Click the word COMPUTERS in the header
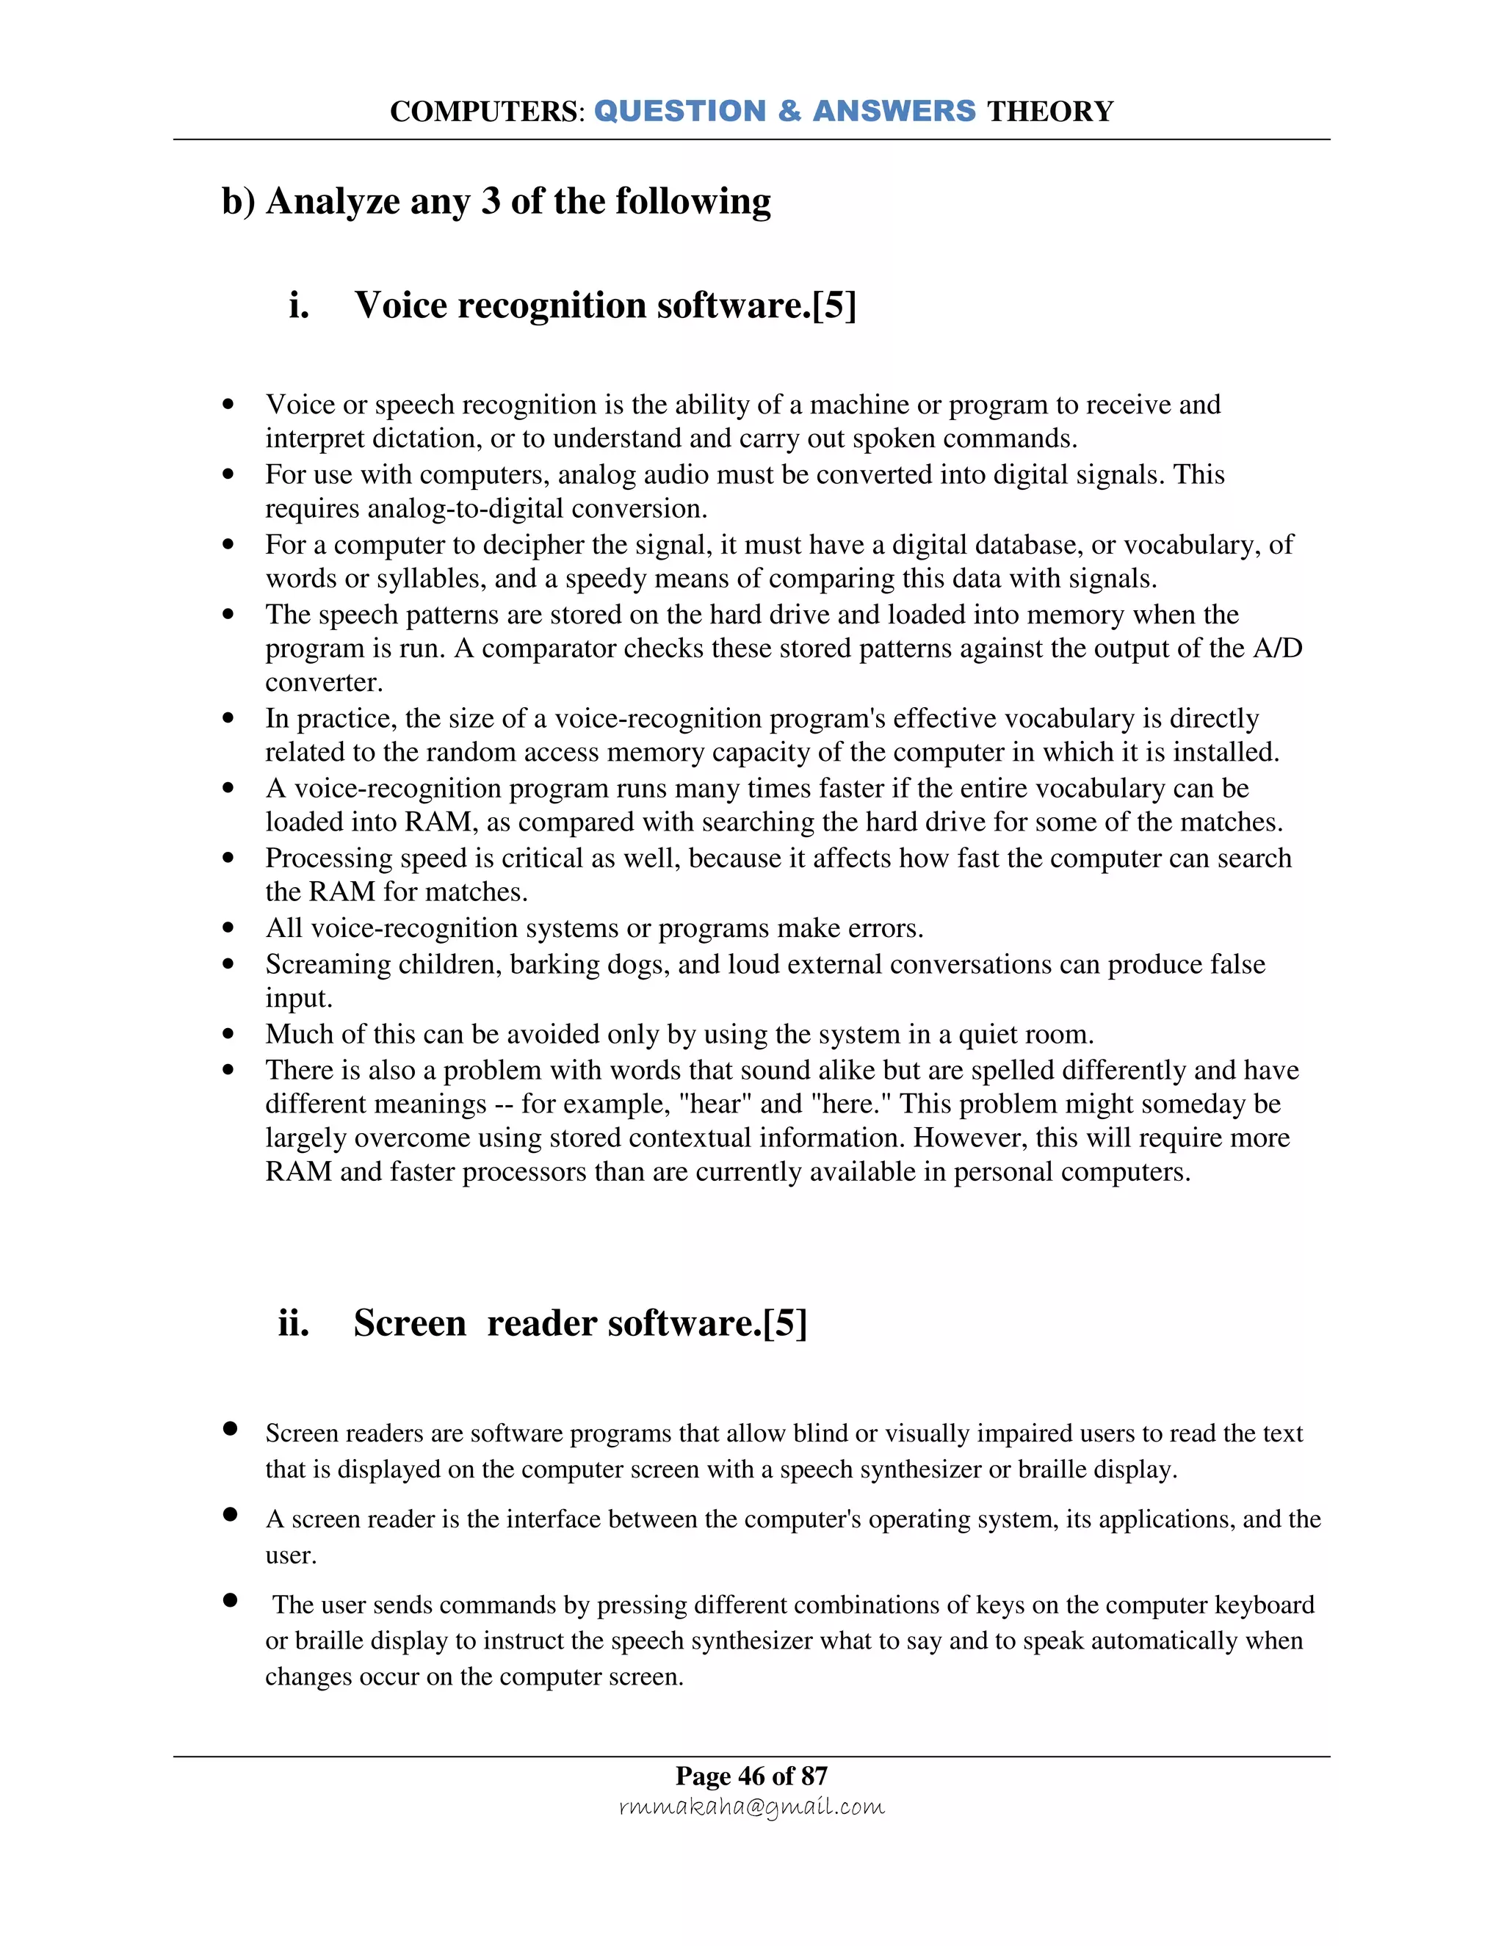click(485, 112)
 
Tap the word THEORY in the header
click(1049, 112)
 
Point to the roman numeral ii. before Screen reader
click(293, 1323)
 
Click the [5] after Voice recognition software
click(834, 305)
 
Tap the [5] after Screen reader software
click(785, 1323)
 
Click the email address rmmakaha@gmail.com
click(751, 1806)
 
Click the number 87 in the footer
click(814, 1776)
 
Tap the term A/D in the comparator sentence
click(1278, 648)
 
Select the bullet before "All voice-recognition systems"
click(229, 928)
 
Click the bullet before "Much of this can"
click(229, 1035)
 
